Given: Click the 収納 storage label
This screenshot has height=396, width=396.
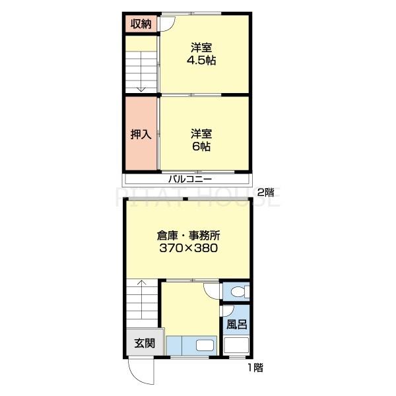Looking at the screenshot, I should [x=141, y=24].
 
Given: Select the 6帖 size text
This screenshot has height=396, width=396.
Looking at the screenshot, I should [x=201, y=147].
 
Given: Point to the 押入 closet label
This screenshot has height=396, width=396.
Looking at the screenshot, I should [x=141, y=134].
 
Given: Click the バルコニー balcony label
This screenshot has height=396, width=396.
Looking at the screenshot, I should [x=189, y=179].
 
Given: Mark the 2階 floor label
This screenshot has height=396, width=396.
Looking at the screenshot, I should [x=265, y=192].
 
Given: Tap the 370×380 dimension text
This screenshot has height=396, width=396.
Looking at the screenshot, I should [x=189, y=249].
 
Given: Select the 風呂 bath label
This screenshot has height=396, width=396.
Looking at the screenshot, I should [x=236, y=325].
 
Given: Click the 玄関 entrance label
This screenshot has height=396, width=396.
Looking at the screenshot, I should [x=145, y=343].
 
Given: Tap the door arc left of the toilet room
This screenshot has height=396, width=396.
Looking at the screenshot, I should [x=212, y=292].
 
